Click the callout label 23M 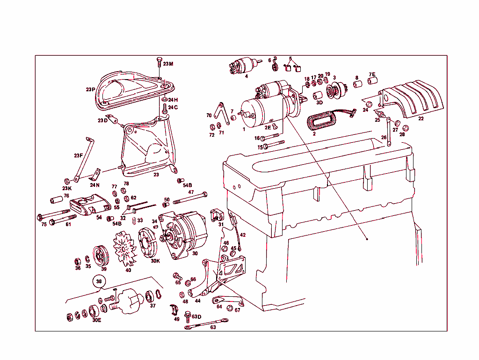point(168,64)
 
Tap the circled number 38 point(99,282)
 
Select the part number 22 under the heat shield point(421,119)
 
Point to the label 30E point(96,321)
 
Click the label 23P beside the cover point(90,89)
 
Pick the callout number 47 point(191,192)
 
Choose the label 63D point(196,316)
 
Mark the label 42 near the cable point(243,235)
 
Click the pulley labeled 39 point(100,256)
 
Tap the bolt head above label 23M point(159,61)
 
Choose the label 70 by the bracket point(209,115)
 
